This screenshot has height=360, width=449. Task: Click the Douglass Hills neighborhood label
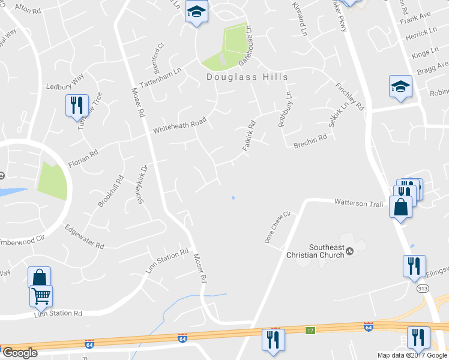[247, 77]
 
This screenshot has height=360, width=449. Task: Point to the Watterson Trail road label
[358, 204]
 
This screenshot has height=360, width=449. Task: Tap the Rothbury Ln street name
[284, 109]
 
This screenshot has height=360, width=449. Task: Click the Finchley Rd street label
[350, 97]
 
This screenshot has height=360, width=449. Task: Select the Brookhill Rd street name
[110, 191]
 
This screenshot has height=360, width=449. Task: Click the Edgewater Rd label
[84, 238]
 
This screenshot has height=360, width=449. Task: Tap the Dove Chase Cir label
[277, 226]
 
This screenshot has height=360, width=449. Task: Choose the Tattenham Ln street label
[160, 77]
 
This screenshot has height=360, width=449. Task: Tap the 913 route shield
[421, 289]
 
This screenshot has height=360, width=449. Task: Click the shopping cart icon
[41, 294]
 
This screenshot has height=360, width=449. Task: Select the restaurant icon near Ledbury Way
[77, 105]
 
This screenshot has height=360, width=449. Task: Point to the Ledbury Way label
[65, 82]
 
